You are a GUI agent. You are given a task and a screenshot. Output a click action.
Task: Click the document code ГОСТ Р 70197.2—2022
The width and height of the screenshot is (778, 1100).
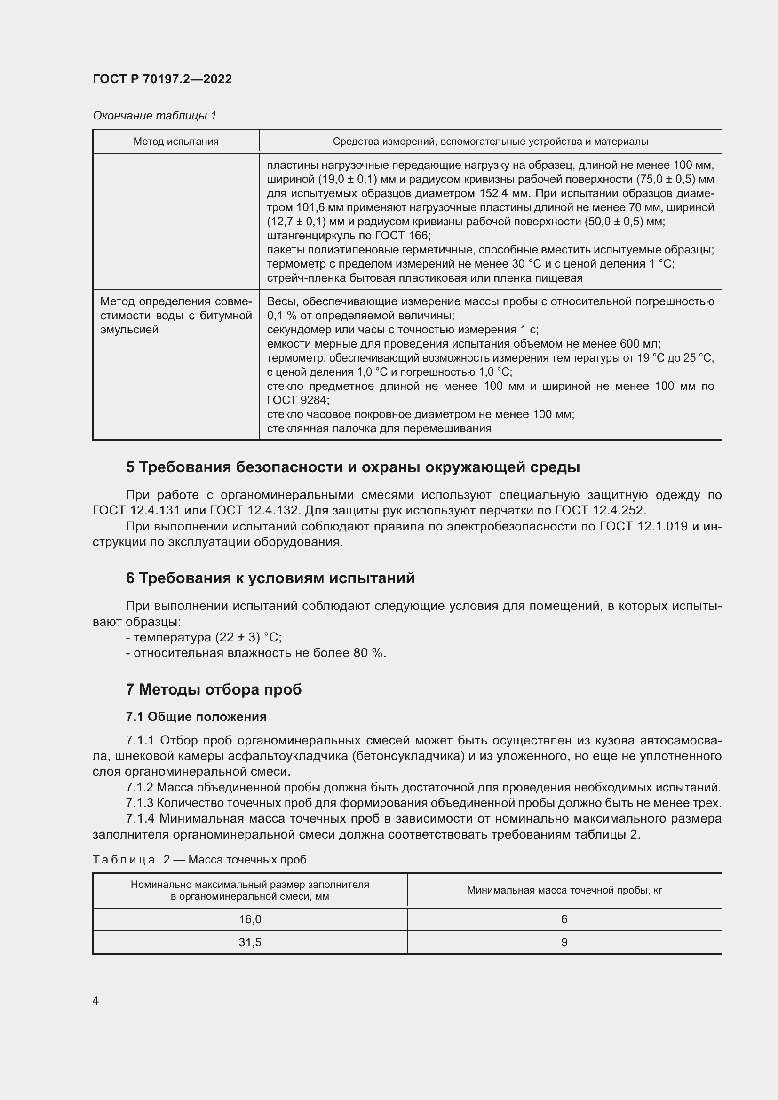click(x=162, y=79)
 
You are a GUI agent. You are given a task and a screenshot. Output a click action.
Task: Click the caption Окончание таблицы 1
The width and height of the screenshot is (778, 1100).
click(x=154, y=116)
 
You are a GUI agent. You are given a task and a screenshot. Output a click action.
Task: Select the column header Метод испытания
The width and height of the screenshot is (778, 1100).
click(x=176, y=142)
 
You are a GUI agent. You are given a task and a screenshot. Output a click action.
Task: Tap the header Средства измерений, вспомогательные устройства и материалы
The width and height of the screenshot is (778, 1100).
click(x=490, y=142)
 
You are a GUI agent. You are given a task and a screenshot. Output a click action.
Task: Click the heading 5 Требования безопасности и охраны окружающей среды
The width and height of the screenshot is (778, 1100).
click(x=353, y=467)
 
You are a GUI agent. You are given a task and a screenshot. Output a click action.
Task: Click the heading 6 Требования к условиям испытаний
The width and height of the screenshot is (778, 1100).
click(x=270, y=578)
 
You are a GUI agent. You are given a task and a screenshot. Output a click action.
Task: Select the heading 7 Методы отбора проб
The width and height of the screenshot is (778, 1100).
click(x=214, y=689)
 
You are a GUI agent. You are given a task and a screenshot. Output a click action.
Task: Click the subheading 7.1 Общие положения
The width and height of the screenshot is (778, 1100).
click(x=197, y=717)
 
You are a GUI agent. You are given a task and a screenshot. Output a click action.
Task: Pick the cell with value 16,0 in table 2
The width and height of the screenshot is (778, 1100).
click(x=250, y=919)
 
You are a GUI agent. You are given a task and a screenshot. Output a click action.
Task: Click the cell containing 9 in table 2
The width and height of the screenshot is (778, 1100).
click(x=564, y=942)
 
